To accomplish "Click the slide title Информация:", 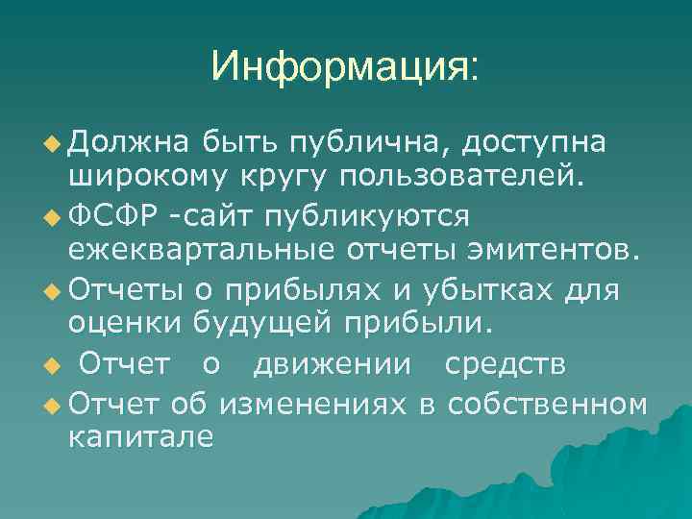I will [345, 68].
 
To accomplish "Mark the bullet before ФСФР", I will [52, 217].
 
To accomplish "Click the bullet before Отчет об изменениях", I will [52, 402].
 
